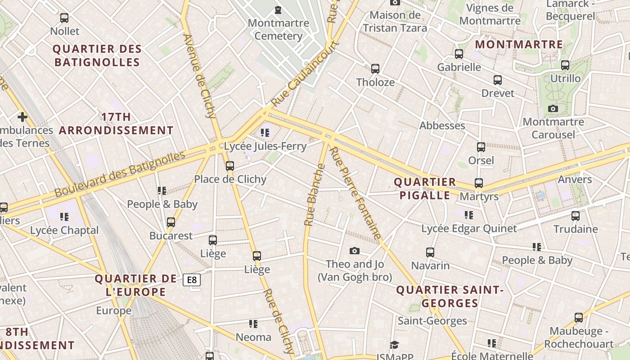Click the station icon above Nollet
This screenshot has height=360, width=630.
click(x=64, y=18)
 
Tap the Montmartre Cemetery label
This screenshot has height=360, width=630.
click(x=278, y=29)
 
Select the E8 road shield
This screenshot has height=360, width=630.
click(x=192, y=280)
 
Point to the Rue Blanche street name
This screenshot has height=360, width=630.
click(x=314, y=195)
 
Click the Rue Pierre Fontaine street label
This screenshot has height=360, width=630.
click(x=355, y=193)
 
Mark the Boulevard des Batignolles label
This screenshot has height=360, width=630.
click(x=120, y=174)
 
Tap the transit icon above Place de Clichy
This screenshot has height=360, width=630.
click(x=230, y=166)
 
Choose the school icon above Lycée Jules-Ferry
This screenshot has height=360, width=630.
click(x=265, y=133)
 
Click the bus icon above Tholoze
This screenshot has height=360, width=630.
click(x=375, y=69)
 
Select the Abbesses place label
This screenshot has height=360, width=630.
click(x=442, y=126)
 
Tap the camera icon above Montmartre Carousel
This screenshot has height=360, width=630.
click(x=553, y=108)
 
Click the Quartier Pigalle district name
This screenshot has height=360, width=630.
click(x=425, y=189)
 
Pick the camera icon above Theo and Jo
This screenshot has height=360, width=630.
click(x=355, y=251)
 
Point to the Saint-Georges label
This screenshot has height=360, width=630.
click(x=432, y=321)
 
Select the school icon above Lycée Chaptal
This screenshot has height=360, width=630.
click(x=64, y=217)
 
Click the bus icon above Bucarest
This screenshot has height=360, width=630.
click(x=171, y=222)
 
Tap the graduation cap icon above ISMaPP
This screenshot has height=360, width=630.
click(x=394, y=345)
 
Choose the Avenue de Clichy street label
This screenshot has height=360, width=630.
click(x=201, y=76)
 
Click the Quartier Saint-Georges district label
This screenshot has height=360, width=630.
click(x=449, y=297)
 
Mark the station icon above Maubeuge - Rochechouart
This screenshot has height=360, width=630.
click(x=579, y=318)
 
